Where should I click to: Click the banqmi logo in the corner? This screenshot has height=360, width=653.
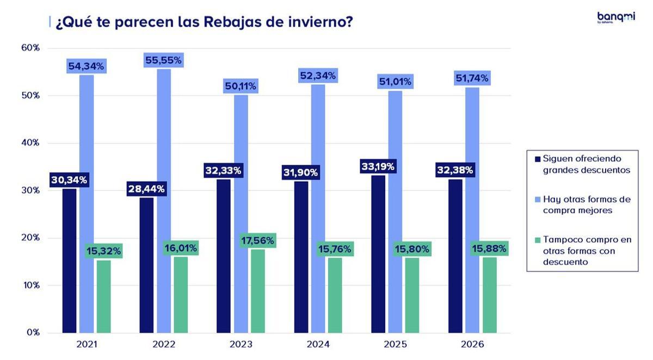615,18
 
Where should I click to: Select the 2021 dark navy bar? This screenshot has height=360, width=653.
69,260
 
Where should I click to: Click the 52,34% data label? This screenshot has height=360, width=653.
318,75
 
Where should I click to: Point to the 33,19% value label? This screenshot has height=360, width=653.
378,166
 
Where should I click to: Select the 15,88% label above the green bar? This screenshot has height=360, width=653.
489,249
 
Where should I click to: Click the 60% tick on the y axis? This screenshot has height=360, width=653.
30,48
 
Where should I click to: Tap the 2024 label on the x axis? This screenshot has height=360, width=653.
318,345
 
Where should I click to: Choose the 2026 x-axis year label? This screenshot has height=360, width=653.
472,345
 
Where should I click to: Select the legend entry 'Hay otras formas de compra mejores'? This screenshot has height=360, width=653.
587,204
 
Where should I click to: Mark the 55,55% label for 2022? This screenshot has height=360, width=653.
163,60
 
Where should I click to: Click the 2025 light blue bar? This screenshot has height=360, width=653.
395,212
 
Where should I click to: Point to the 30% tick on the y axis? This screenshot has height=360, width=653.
30,190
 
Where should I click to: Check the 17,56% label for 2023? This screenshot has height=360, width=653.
258,240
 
